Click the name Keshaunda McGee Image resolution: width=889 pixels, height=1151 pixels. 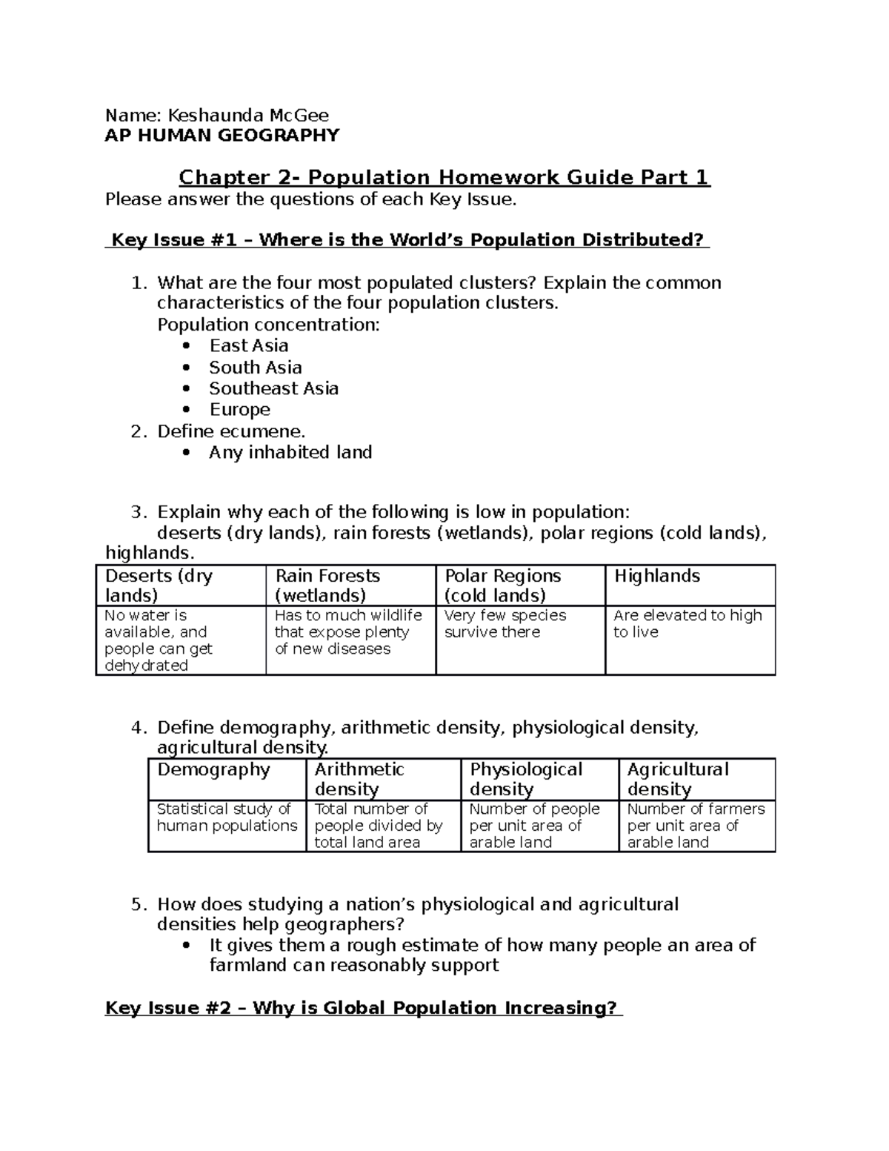pos(248,115)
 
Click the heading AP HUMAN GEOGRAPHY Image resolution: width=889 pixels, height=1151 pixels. pos(222,135)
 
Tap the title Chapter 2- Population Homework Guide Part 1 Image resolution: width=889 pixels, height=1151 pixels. pos(444,178)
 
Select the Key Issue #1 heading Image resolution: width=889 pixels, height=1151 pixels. pos(407,240)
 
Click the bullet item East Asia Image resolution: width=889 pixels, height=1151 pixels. pos(248,345)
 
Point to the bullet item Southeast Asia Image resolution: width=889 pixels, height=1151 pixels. pos(273,388)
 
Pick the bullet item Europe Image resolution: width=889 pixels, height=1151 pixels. pos(239,410)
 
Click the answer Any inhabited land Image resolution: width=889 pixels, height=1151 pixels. pos(290,453)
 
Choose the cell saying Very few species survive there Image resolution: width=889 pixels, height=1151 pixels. pos(505,624)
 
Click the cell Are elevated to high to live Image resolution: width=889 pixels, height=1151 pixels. pos(687,624)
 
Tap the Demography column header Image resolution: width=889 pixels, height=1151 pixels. pos(213,770)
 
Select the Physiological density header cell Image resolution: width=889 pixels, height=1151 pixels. pos(526,779)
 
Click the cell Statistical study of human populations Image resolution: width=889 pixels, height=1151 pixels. pos(226,817)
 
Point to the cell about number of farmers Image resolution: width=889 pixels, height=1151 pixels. pos(695,826)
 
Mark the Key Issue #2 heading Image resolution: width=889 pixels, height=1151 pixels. pos(363,1008)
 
